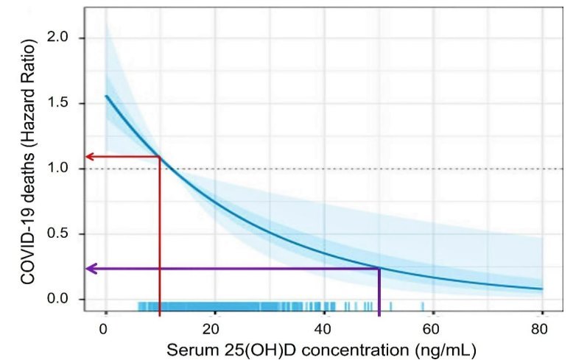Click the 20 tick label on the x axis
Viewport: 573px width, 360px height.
214,328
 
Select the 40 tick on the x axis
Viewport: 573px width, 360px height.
323,328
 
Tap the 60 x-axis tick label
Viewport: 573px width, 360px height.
432,328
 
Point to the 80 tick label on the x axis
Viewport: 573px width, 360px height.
541,328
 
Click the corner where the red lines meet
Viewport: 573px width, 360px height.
160,156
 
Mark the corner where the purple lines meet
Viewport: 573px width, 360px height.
379,269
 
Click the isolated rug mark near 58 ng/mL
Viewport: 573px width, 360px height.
423,306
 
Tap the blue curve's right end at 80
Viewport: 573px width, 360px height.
542,289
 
